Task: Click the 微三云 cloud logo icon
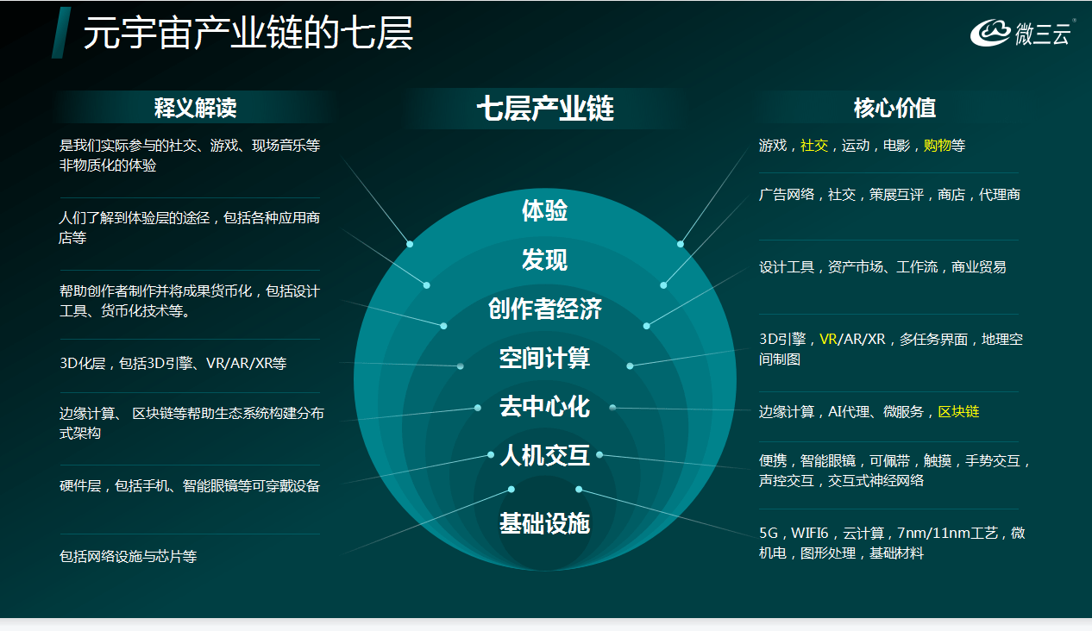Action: tap(989, 33)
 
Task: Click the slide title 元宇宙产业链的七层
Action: tap(248, 33)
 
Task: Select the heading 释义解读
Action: tap(196, 108)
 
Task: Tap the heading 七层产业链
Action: tap(545, 108)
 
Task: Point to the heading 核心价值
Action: tap(894, 108)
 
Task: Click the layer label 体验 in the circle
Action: tap(544, 210)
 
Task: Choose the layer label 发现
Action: tap(544, 259)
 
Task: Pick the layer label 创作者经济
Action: tap(544, 309)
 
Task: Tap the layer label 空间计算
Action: tap(544, 358)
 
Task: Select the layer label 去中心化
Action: tap(544, 406)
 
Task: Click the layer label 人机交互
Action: tap(544, 456)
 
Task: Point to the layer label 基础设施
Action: tap(544, 523)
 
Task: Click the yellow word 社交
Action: tap(814, 145)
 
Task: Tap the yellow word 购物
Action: tap(937, 145)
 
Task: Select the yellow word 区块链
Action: tap(958, 412)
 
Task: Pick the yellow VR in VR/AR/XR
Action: tap(828, 339)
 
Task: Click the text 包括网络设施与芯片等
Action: tap(128, 556)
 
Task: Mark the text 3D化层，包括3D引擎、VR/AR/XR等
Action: tap(173, 363)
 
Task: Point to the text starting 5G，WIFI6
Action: tap(892, 543)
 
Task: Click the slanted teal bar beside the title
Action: tap(61, 33)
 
